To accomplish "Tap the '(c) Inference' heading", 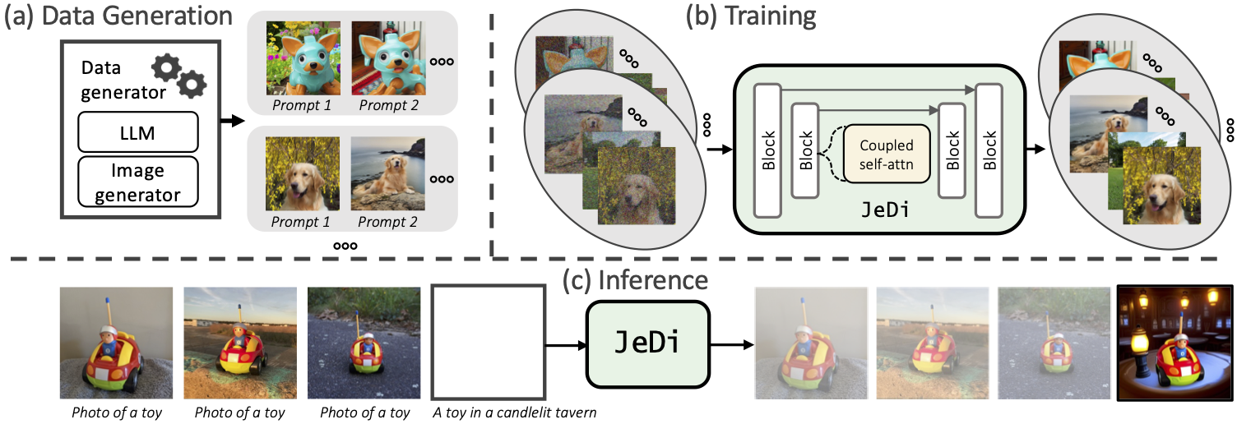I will tap(635, 279).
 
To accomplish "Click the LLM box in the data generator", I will tap(139, 131).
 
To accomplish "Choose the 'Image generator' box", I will tap(139, 182).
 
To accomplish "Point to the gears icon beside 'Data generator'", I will tap(178, 75).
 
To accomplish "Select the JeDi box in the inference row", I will tap(647, 343).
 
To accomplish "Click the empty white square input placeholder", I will tap(489, 342).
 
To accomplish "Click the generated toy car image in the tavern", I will tap(1174, 343).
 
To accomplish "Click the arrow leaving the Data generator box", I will tap(234, 121).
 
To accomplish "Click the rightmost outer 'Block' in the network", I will tap(989, 150).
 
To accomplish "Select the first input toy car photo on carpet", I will tap(115, 343).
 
